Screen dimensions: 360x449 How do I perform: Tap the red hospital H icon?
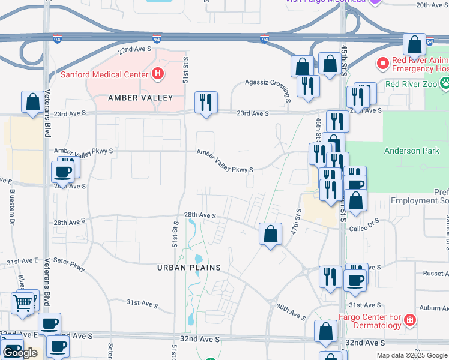[157, 74]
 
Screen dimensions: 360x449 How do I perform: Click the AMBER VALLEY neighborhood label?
[140, 98]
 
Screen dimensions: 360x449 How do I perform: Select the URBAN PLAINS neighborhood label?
[189, 268]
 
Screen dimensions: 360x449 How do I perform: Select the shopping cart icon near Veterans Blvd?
[23, 303]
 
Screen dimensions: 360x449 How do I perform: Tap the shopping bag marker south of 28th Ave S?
[271, 233]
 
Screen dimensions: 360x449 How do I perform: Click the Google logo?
[20, 353]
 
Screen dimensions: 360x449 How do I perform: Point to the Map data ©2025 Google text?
[412, 355]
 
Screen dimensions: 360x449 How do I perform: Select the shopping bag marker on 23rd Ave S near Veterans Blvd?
[32, 102]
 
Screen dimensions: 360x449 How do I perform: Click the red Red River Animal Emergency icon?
[382, 63]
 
